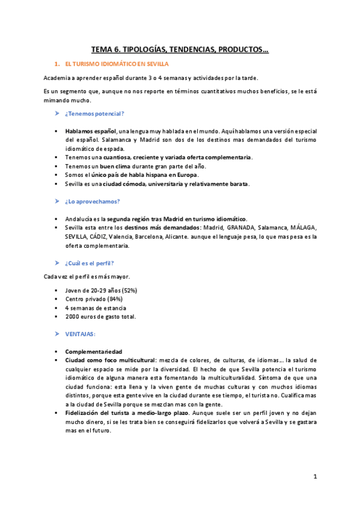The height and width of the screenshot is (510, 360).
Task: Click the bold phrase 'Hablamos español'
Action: point(91,131)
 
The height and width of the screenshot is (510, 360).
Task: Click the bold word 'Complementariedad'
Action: point(94,351)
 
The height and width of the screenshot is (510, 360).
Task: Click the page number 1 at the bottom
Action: point(315,476)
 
